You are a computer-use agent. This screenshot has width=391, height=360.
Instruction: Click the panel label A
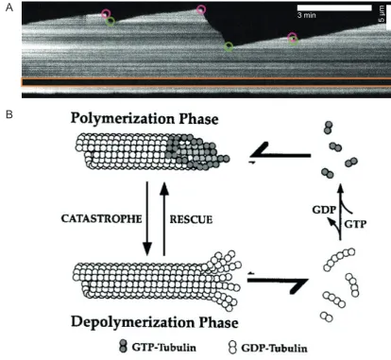pos(9,8)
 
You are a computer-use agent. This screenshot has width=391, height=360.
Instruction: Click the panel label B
pos(9,114)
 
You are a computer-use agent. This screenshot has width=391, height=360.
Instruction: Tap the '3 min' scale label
pos(306,15)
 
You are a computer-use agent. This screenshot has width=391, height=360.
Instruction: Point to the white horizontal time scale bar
pos(334,8)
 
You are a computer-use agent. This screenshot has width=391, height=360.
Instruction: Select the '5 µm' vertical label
pos(382,14)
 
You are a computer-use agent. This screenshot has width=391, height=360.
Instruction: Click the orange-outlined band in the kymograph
pos(206,82)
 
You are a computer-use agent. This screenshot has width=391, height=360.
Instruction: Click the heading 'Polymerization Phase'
pos(144,118)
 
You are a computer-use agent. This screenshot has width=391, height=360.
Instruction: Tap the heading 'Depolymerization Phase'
pos(155,322)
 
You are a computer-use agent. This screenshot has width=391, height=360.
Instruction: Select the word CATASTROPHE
pos(101,218)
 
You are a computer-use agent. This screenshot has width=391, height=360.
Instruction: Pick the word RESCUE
pos(191,219)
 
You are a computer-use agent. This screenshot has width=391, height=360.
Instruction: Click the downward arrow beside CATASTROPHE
pos(147,218)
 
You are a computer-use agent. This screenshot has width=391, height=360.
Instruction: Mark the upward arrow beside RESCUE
pos(164,218)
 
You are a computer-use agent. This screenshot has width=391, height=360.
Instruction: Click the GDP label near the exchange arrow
pos(324,210)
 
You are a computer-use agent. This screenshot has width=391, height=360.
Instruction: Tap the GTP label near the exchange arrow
pos(355,224)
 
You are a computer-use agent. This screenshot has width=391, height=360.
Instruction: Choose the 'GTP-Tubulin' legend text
pos(163,347)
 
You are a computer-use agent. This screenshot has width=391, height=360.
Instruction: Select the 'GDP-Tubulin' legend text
pos(274,348)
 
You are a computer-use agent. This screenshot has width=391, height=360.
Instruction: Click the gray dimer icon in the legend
pos(124,346)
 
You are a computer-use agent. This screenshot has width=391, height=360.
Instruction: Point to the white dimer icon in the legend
pos(232,347)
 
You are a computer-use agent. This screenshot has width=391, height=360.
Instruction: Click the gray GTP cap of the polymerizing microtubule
pos(197,153)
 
